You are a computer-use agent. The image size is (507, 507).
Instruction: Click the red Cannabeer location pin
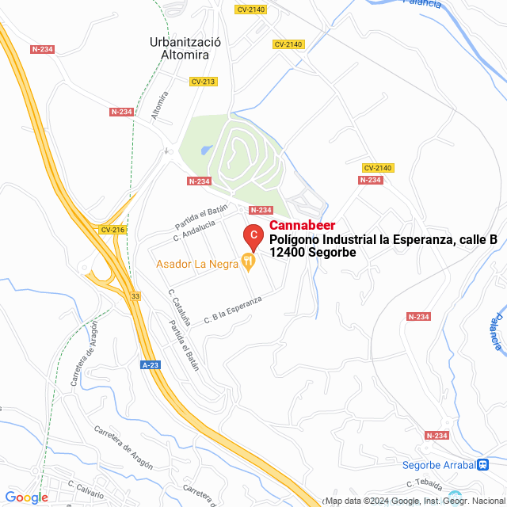(x=253, y=235)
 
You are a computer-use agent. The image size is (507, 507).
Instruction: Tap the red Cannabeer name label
(x=303, y=227)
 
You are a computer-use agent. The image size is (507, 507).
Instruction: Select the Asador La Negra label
(x=198, y=264)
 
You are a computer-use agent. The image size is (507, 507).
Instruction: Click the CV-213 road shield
(x=203, y=82)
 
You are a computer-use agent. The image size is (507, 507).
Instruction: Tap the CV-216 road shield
(x=113, y=230)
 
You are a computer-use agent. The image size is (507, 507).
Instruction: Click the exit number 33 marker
(x=136, y=295)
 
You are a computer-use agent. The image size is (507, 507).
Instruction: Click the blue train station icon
(x=482, y=465)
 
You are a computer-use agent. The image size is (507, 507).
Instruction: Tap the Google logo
(x=26, y=497)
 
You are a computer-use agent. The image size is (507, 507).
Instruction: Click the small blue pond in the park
(x=206, y=149)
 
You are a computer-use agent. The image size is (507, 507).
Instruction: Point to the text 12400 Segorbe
(x=312, y=252)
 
